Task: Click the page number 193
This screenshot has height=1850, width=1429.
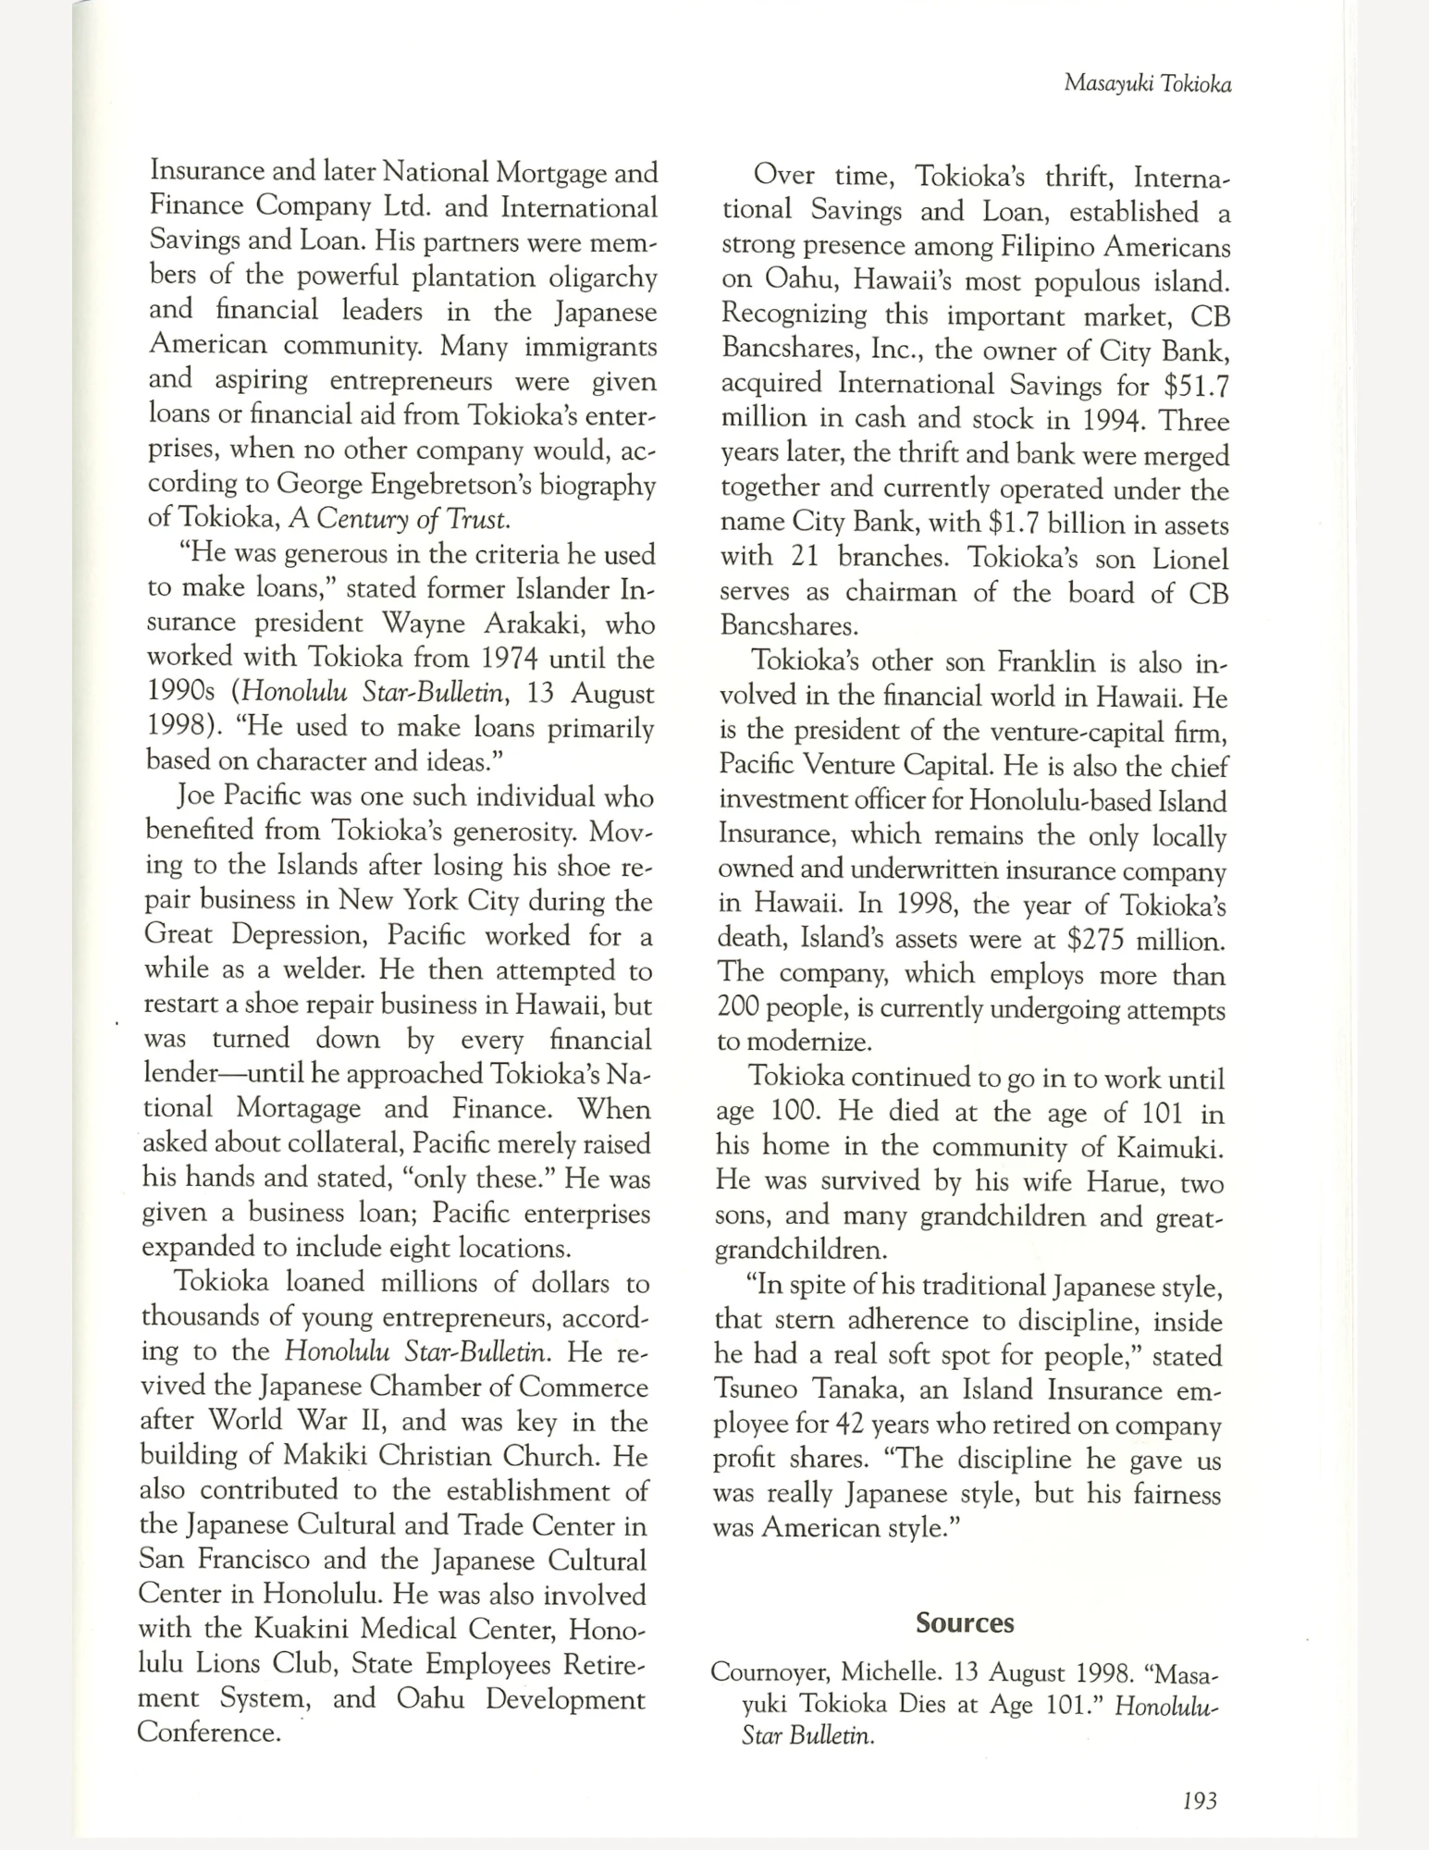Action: coord(1199,1799)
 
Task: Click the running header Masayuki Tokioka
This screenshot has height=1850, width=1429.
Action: coord(1147,83)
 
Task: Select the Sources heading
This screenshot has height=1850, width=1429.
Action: coord(965,1622)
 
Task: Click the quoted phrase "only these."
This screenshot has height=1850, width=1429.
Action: coord(479,1178)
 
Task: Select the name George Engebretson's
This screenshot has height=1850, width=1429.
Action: coord(413,485)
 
